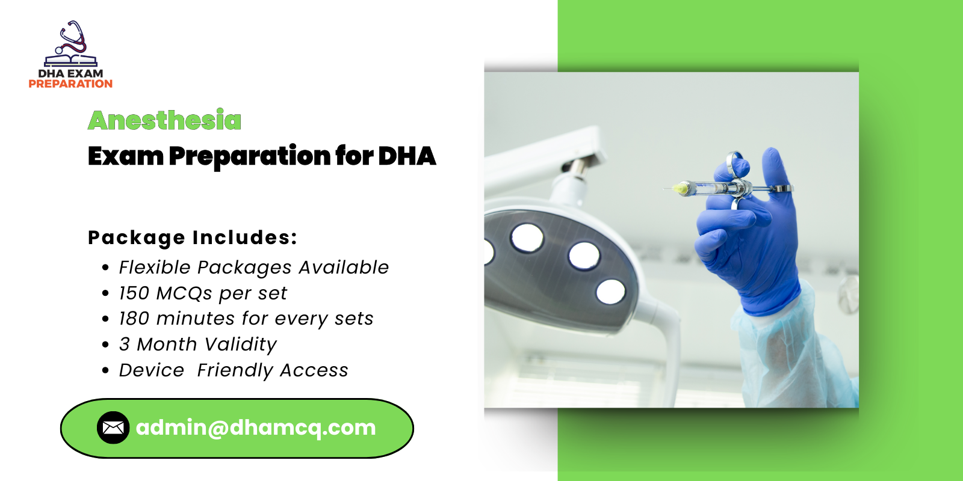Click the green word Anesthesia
[164, 120]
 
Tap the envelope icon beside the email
[113, 427]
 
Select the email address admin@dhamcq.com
[256, 427]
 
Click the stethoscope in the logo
[72, 39]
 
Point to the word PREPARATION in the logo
[70, 84]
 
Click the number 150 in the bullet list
[134, 293]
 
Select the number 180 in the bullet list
[134, 318]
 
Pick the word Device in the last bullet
[151, 370]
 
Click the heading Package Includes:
[193, 237]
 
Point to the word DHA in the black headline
[407, 156]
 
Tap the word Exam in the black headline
[125, 156]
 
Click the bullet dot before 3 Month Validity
[106, 345]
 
